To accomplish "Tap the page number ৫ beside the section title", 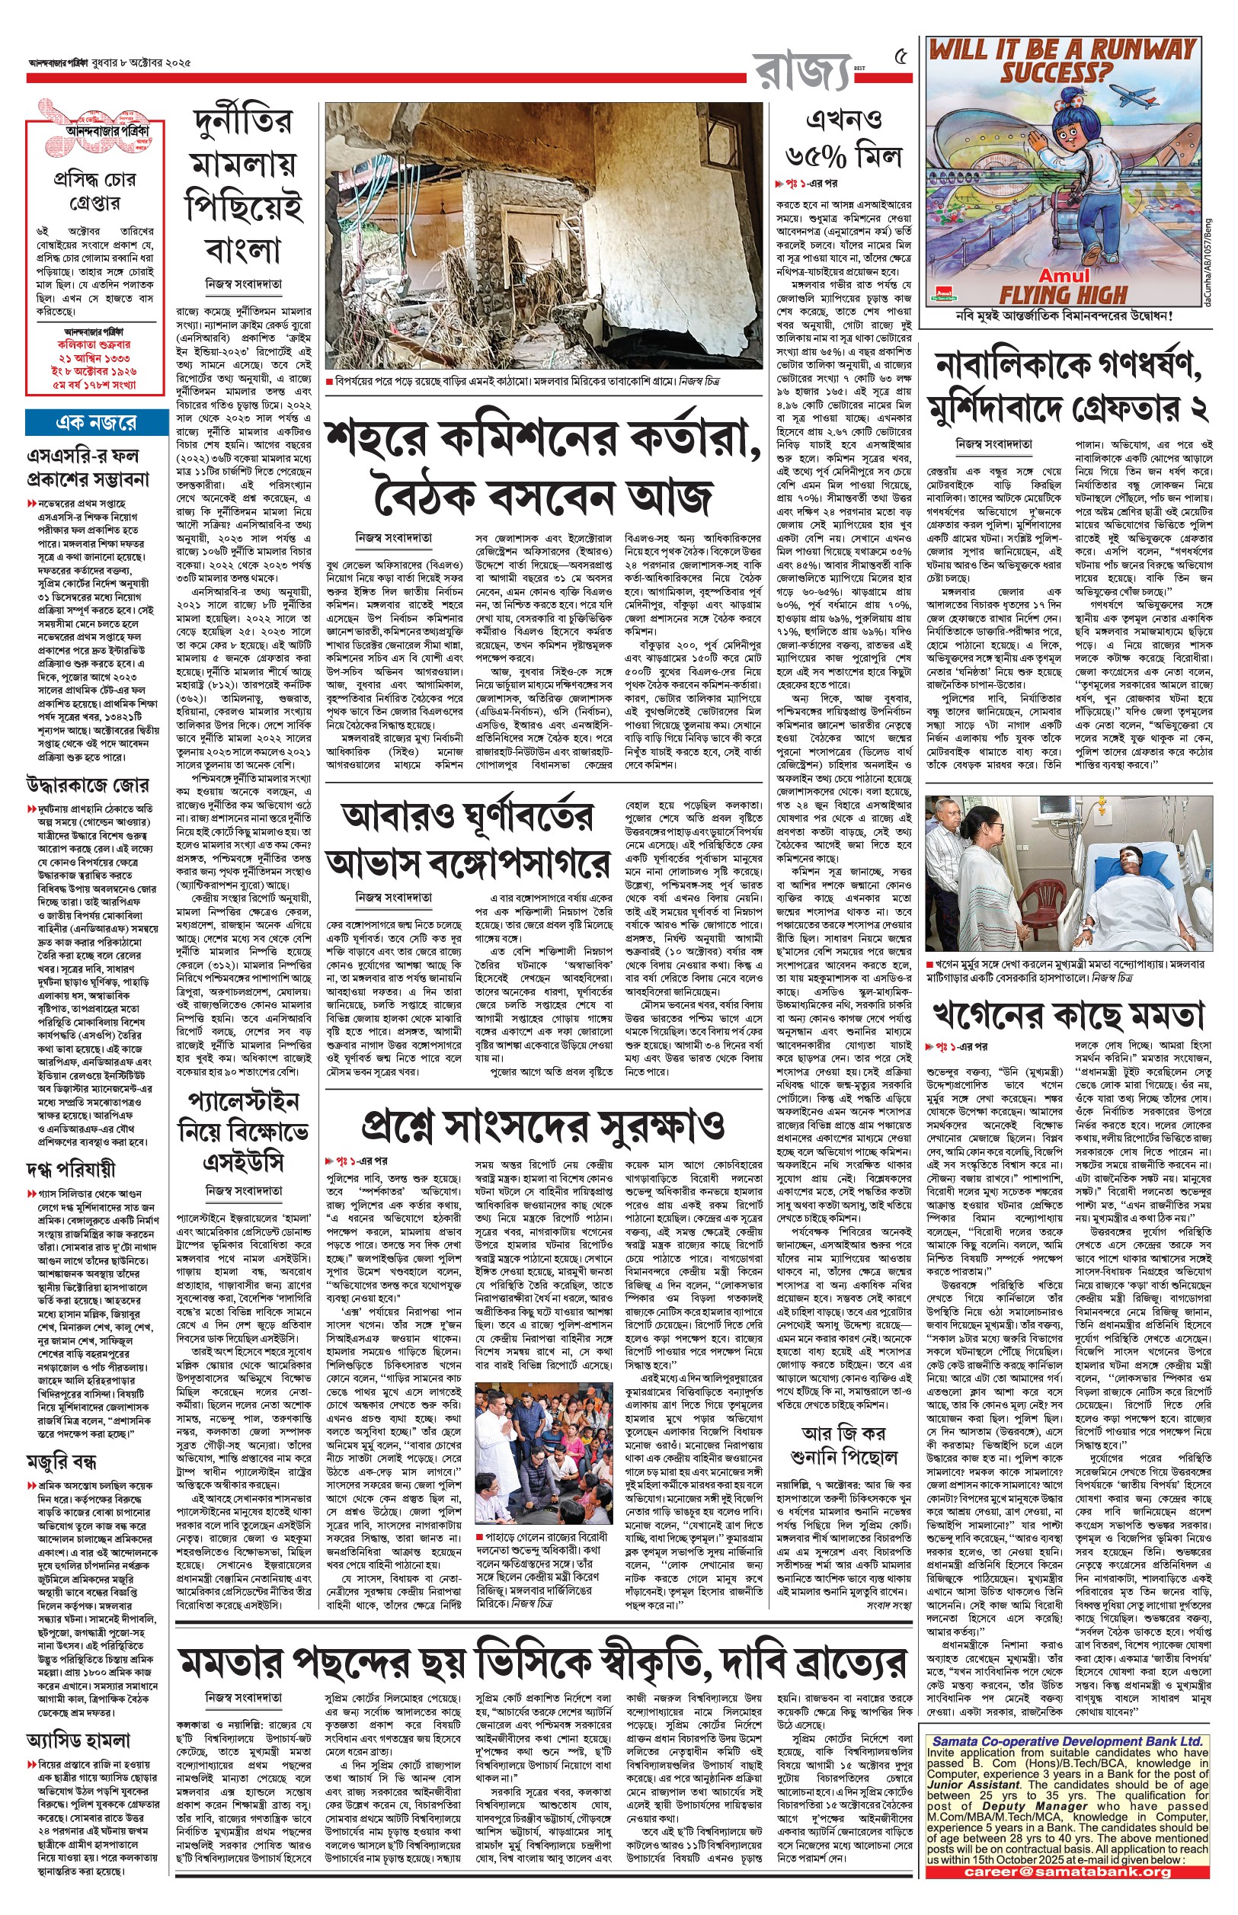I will (x=901, y=58).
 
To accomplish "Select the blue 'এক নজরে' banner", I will (x=97, y=422).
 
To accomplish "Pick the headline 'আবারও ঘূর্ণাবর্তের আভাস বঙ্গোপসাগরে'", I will (x=468, y=839).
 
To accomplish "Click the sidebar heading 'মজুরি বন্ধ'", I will (x=62, y=1459).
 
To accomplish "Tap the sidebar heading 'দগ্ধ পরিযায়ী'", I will (x=71, y=1169).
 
